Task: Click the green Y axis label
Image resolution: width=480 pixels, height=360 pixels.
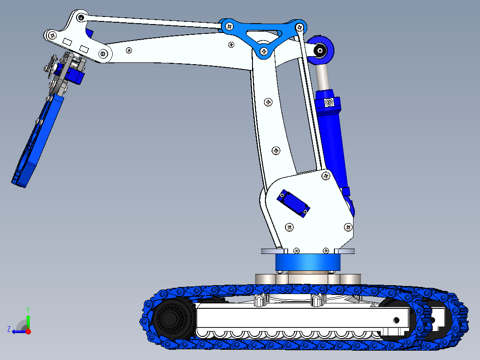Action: click(28, 309)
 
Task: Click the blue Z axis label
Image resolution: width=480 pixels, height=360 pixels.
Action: click(8, 329)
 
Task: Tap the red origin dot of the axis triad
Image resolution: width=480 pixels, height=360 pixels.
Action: click(28, 331)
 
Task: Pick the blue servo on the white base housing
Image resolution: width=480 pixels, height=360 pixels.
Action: click(293, 203)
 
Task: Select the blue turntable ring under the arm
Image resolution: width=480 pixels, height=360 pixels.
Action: click(307, 262)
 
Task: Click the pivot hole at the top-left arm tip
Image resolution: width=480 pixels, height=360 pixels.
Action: click(81, 17)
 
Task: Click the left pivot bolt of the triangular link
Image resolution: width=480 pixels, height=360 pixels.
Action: click(229, 26)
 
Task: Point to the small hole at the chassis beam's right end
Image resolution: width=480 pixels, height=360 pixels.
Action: click(396, 319)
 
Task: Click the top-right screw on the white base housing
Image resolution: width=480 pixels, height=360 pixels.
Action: click(326, 176)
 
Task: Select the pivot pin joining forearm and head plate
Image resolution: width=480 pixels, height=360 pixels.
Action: click(103, 54)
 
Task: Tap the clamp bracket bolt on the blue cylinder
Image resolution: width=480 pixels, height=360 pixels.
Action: click(329, 103)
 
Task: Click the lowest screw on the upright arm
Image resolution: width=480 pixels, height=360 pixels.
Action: click(277, 151)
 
